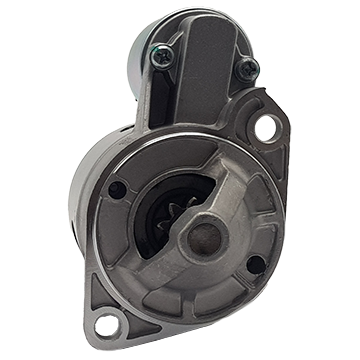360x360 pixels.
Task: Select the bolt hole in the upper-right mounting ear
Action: pyautogui.click(x=269, y=127)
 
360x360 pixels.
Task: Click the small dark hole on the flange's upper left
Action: pyautogui.click(x=119, y=187)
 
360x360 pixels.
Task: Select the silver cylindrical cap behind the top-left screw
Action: pyautogui.click(x=140, y=40)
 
